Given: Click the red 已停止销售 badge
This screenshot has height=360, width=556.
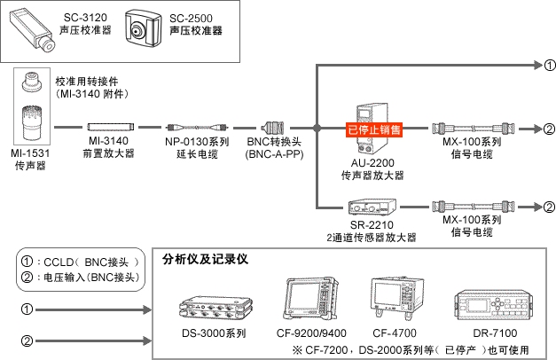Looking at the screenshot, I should [373, 129].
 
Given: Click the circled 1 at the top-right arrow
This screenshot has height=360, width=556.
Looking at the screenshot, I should [549, 65].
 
